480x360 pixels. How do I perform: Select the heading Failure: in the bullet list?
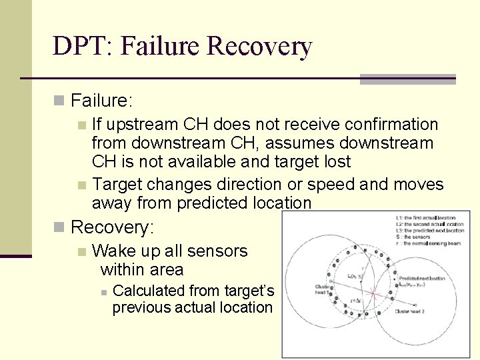[x=102, y=101]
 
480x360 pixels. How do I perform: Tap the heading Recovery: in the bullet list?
[x=112, y=227]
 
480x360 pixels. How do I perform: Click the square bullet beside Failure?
[x=59, y=101]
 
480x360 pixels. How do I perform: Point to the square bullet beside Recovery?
[x=59, y=227]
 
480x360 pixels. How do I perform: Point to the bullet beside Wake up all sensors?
[x=81, y=252]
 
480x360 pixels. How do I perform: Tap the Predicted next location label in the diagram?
[x=421, y=277]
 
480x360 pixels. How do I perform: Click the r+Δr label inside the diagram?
[x=356, y=301]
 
